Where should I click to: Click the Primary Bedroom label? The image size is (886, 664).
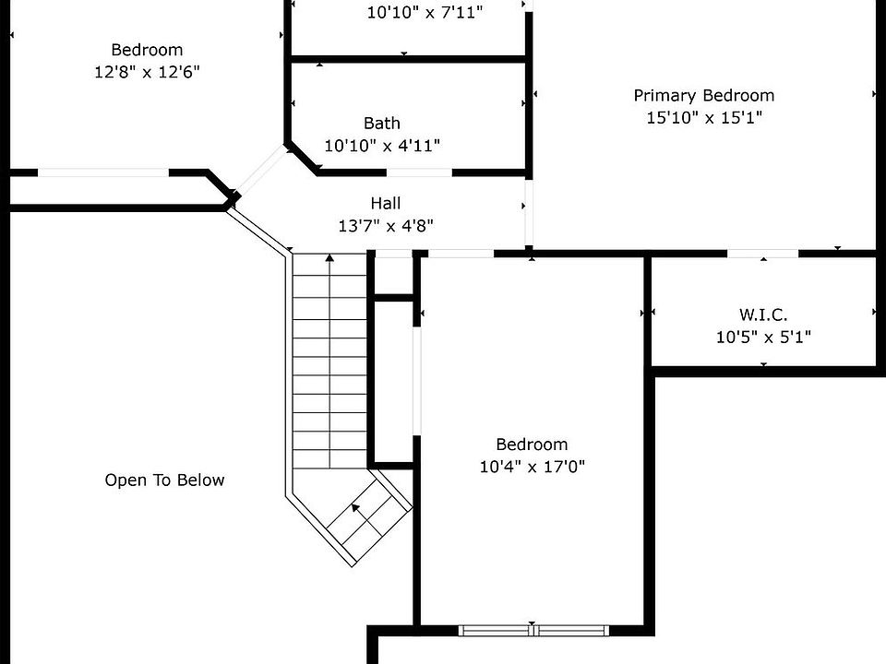(703, 95)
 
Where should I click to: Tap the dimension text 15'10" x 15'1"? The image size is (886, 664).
(703, 117)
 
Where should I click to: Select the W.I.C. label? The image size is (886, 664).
(762, 314)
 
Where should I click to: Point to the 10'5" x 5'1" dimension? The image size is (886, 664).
(762, 337)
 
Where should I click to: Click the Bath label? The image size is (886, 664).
(381, 123)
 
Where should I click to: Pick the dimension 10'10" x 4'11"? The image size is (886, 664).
(381, 145)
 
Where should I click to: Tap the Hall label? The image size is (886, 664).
(385, 203)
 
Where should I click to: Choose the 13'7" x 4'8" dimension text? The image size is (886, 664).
(385, 225)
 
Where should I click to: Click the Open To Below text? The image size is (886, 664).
(164, 480)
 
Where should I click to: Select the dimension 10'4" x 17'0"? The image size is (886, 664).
(532, 467)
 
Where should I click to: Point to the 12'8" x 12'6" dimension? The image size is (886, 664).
(147, 72)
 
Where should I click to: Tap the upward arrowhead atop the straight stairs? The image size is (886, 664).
(329, 259)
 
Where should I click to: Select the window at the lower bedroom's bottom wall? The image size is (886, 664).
(533, 631)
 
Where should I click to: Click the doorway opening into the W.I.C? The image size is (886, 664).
(762, 253)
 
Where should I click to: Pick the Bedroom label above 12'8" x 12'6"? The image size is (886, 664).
(147, 50)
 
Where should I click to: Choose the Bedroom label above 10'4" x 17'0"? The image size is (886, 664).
(532, 445)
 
